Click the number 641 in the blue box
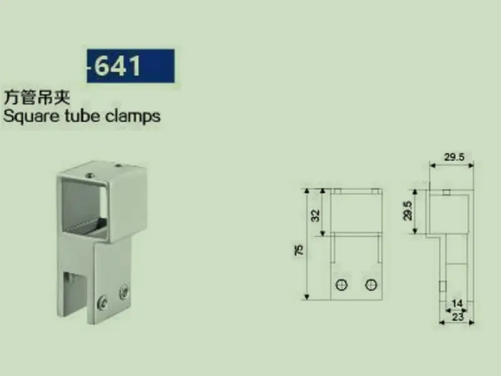pos(118,65)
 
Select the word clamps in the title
pos(133,116)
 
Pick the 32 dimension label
pos(316,215)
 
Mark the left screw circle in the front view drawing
pos(342,285)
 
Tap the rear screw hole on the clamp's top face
pos(118,166)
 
